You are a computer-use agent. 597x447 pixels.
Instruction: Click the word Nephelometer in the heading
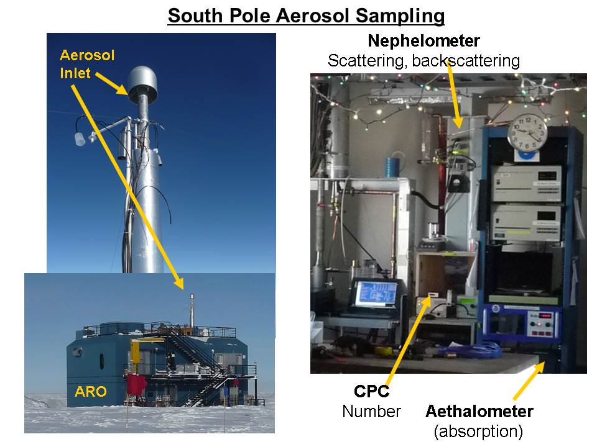[x=423, y=41]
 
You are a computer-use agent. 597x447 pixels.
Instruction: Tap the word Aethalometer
[x=479, y=411]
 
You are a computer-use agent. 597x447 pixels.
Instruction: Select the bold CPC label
[x=371, y=391]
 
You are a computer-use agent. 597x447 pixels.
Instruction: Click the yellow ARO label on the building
[x=91, y=391]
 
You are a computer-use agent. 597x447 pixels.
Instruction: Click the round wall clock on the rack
[x=527, y=133]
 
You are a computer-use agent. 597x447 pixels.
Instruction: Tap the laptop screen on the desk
[x=377, y=294]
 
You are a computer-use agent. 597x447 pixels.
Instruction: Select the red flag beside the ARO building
[x=136, y=384]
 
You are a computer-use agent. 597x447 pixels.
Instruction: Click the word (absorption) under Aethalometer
[x=478, y=431]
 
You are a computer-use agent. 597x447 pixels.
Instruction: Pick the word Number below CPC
[x=371, y=411]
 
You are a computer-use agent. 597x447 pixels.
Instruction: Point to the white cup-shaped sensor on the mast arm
[x=80, y=139]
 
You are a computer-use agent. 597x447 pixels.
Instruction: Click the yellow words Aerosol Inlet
[x=87, y=64]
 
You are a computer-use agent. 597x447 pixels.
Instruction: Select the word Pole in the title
[x=249, y=16]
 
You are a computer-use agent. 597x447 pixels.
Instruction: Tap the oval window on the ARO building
[x=101, y=361]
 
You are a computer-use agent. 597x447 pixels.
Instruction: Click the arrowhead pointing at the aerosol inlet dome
[x=123, y=89]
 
